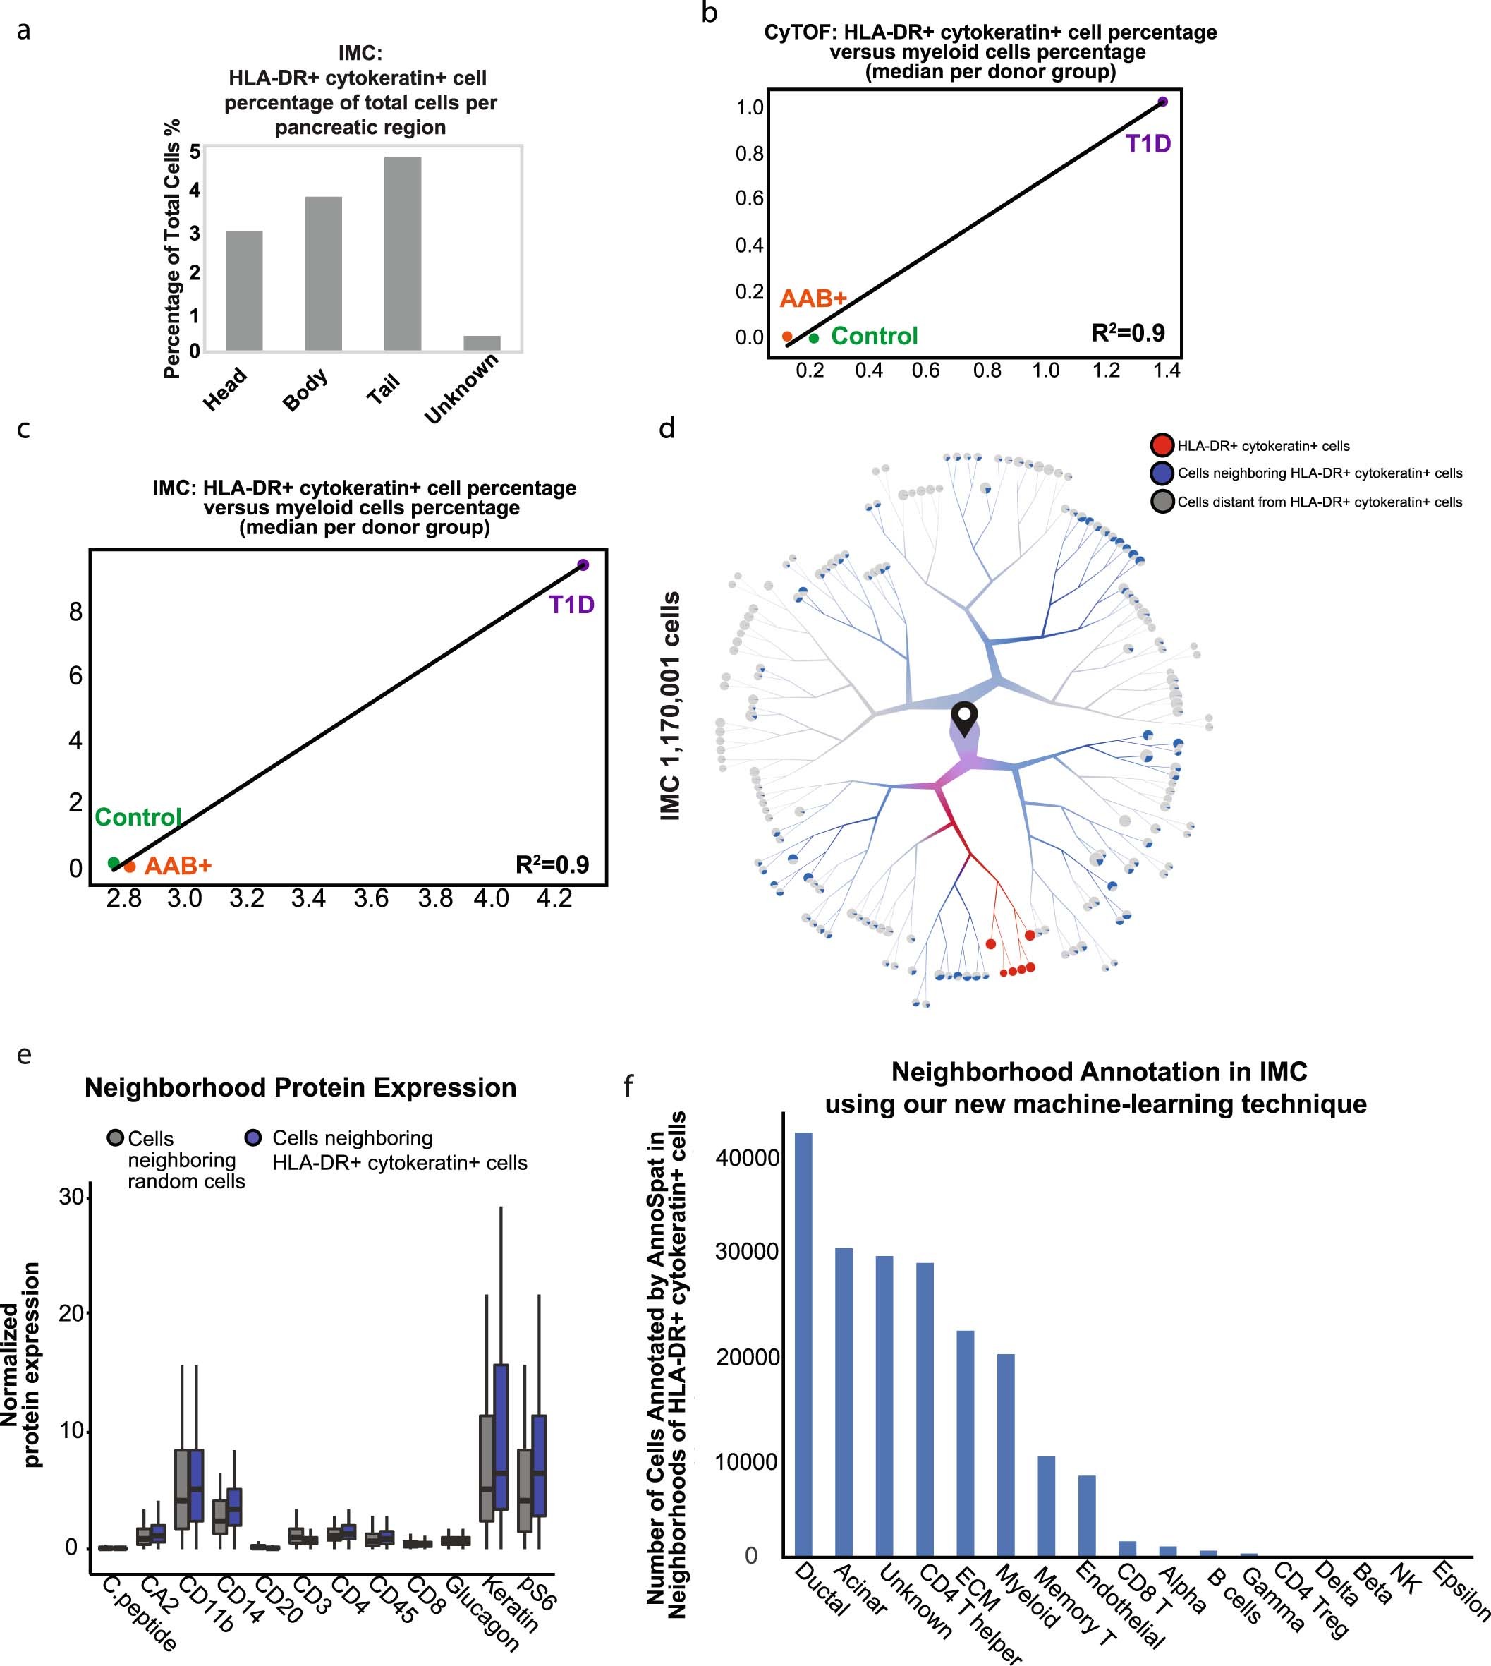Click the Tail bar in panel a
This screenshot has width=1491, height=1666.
tap(402, 254)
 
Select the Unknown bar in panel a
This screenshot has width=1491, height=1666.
tap(482, 342)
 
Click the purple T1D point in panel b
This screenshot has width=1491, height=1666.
tap(1162, 102)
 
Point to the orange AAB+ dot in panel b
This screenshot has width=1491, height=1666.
tap(787, 337)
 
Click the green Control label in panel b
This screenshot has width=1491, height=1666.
tap(874, 336)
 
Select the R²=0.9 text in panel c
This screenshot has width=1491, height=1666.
tap(552, 864)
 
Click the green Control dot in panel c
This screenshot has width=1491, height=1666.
tap(114, 863)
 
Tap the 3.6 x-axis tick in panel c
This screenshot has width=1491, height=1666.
tap(371, 899)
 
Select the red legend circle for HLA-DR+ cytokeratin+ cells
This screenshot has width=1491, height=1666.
tap(1162, 446)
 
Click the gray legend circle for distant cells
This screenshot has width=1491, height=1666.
tap(1162, 502)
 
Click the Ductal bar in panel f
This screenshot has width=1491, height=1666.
tap(803, 1345)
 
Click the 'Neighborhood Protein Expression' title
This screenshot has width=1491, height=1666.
tap(300, 1087)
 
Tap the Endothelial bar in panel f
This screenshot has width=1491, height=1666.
tap(1087, 1516)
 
